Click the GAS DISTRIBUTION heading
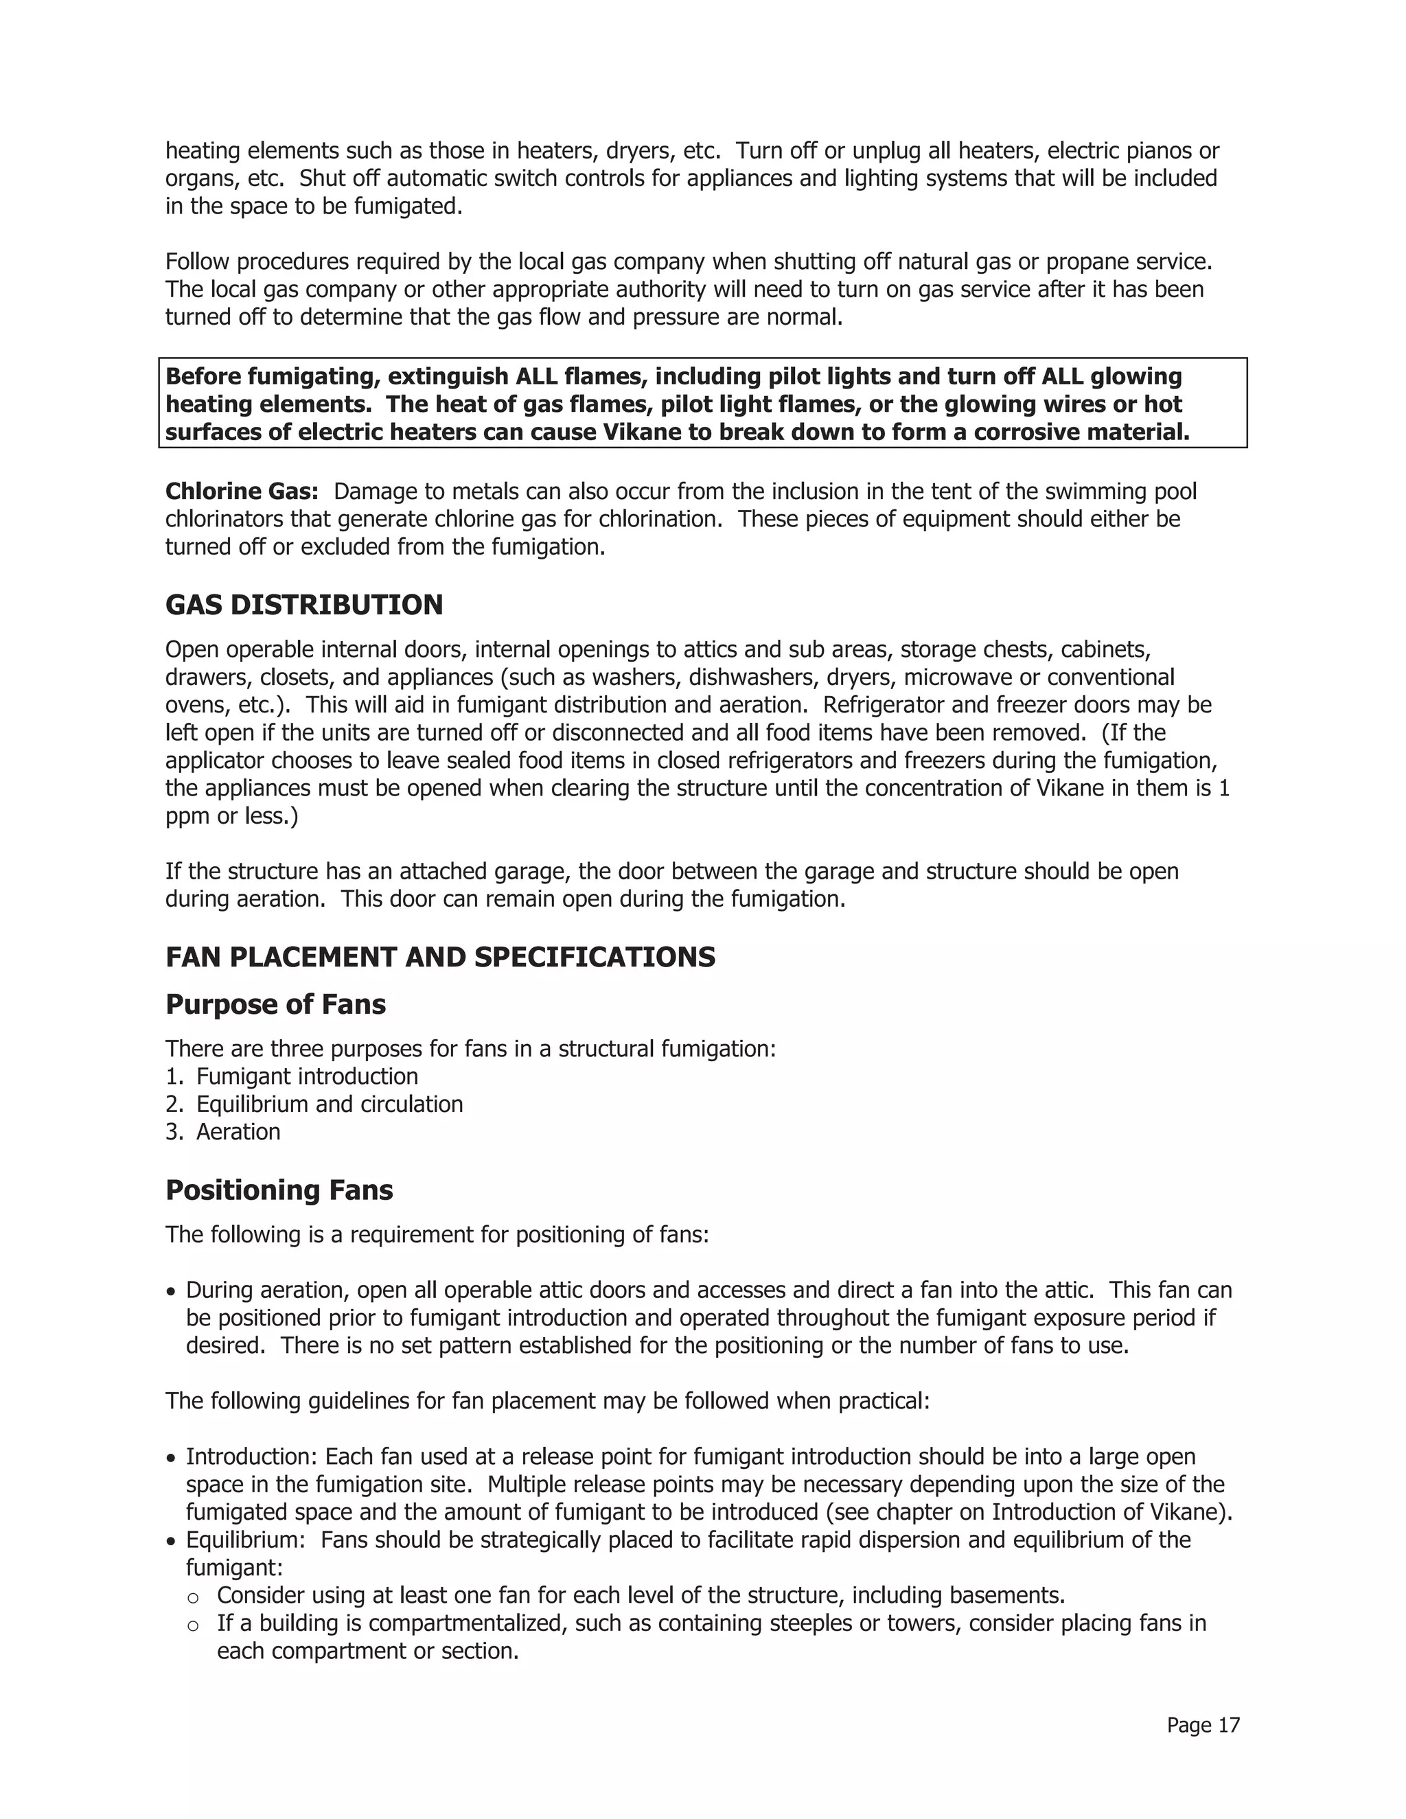[x=304, y=605]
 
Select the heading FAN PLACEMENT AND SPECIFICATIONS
[x=440, y=957]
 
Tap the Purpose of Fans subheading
[x=276, y=1004]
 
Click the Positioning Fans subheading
[x=279, y=1190]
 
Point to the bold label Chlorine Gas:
[x=242, y=491]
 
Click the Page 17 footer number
[x=1203, y=1725]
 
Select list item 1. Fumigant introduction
[x=292, y=1076]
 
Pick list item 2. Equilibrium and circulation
[x=314, y=1104]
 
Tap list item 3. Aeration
[x=223, y=1132]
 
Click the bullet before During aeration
[x=171, y=1292]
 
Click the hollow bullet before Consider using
[x=193, y=1597]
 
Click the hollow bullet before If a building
[x=193, y=1625]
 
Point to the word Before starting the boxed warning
[x=203, y=376]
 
